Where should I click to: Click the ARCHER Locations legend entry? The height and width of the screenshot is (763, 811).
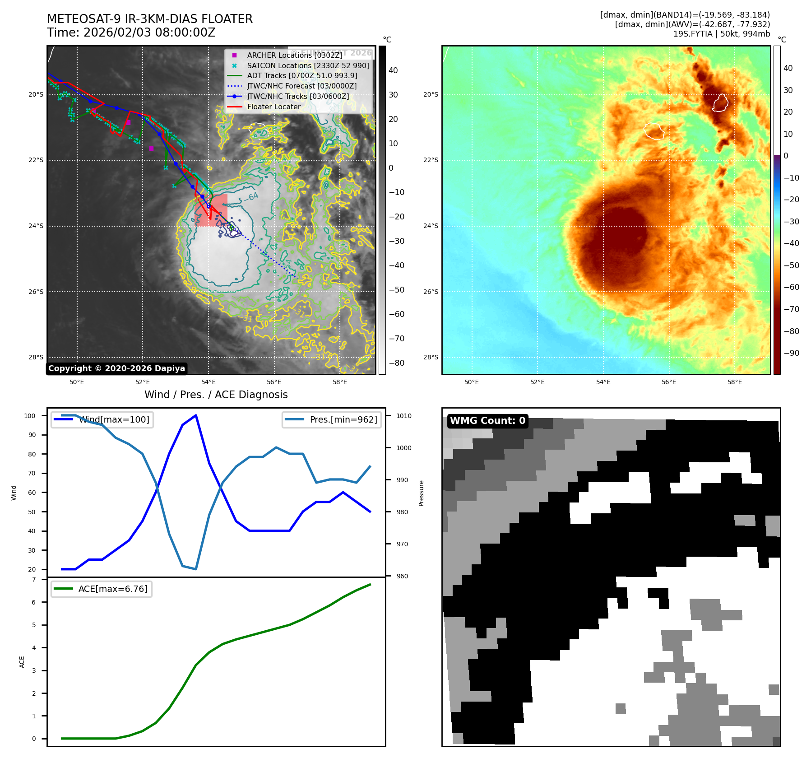(294, 55)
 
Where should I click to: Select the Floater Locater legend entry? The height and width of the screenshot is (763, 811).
(273, 107)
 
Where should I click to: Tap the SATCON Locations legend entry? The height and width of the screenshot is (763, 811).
(308, 65)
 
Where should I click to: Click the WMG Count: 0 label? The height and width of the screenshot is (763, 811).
(487, 421)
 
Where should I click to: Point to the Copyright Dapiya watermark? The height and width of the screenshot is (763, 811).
(116, 368)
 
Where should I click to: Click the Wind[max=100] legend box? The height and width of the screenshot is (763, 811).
(102, 419)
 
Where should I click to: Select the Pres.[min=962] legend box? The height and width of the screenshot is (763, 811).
(332, 419)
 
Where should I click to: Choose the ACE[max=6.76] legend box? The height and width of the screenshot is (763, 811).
(102, 589)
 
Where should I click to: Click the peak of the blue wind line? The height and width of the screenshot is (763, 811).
(196, 415)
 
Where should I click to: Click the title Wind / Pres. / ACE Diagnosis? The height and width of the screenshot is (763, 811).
(216, 395)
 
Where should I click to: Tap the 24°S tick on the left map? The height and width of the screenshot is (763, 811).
(36, 226)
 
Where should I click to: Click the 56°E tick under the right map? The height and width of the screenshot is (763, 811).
(669, 382)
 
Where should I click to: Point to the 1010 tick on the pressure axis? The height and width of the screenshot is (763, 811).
(404, 416)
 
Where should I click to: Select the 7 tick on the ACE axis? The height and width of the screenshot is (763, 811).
(34, 579)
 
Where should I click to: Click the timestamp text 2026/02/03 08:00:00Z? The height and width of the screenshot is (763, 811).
(149, 33)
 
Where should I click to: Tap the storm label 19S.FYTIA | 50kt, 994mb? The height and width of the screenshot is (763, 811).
(721, 34)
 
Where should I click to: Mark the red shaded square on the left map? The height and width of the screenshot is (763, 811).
(211, 210)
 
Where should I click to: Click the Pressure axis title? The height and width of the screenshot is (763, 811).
(422, 493)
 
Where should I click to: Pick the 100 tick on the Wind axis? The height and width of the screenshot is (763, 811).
(30, 416)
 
